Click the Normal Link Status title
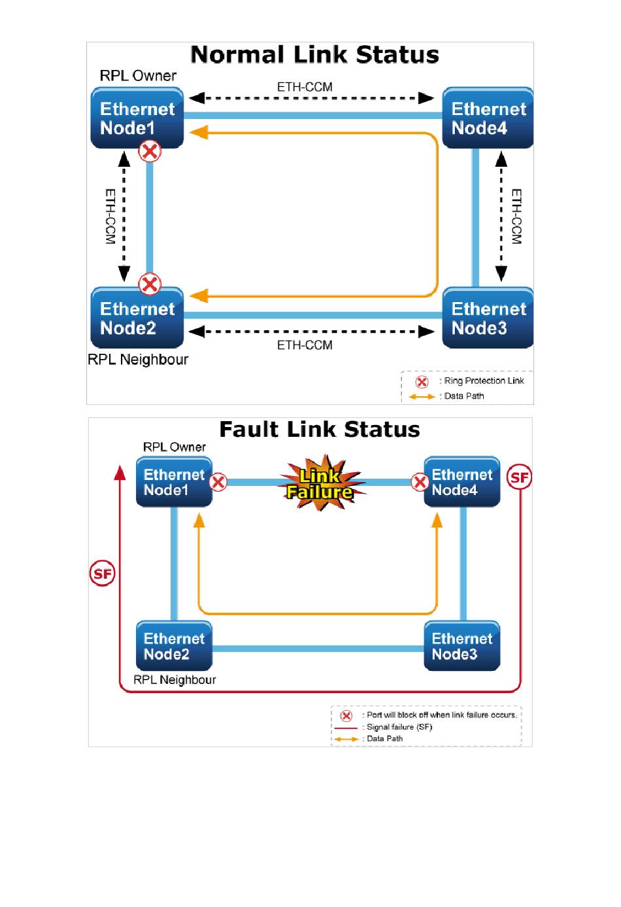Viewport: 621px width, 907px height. pos(314,55)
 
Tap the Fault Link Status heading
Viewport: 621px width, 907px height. pos(319,430)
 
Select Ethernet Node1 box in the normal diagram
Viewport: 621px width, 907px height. pos(137,118)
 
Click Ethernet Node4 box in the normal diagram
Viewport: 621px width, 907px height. pos(488,118)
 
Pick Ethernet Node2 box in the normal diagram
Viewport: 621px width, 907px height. pos(137,318)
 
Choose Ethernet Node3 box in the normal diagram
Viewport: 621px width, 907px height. pos(488,318)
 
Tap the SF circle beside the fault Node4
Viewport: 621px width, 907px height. pos(519,477)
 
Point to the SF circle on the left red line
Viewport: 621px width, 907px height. pos(102,574)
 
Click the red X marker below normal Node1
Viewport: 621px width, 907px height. pos(150,152)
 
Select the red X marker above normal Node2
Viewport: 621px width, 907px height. pos(150,284)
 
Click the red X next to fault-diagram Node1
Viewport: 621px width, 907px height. pos(218,483)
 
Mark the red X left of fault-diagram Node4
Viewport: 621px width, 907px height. pos(420,483)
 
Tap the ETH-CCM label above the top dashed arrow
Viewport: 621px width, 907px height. pos(305,87)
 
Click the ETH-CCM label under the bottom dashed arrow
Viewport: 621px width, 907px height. pos(305,345)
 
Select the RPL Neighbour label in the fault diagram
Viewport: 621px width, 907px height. pos(175,680)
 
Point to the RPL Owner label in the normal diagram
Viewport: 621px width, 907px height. pos(138,76)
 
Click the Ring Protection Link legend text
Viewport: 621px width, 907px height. pos(484,381)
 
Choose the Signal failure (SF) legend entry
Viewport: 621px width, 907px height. pos(399,727)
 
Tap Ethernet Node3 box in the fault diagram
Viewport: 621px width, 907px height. pos(462,646)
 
